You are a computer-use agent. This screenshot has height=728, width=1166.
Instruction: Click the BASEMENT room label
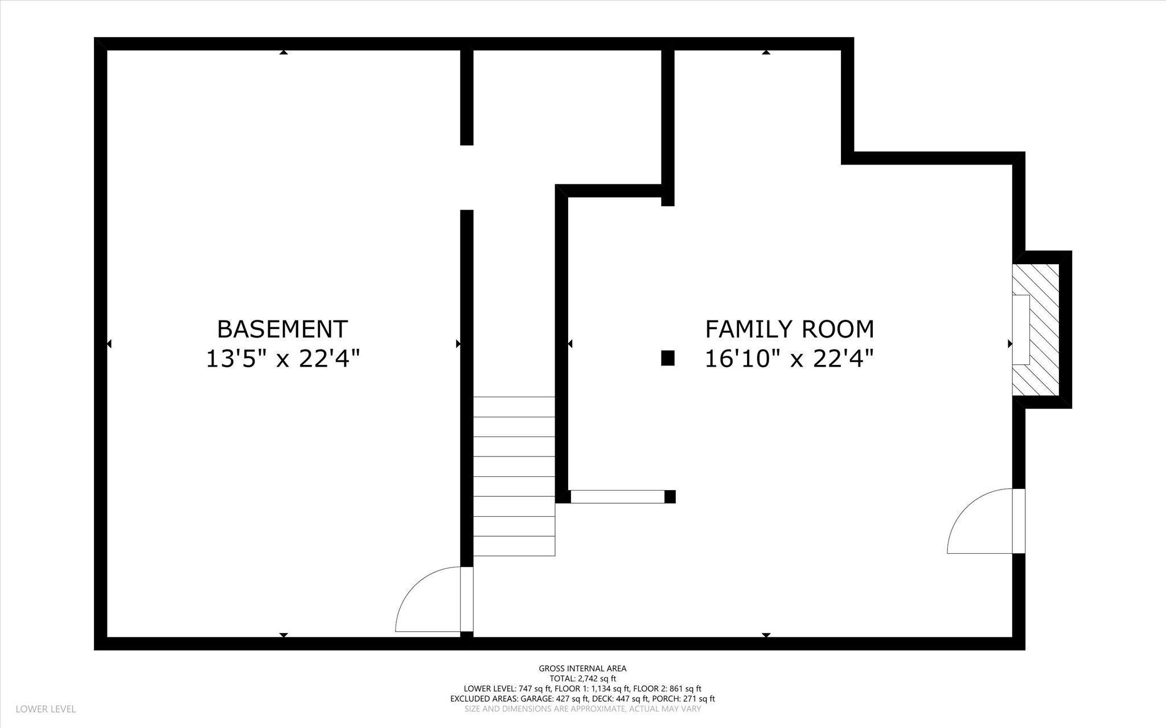282,329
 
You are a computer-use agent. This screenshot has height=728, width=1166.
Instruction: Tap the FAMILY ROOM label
790,329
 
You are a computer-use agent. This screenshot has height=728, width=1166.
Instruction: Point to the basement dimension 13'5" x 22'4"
283,359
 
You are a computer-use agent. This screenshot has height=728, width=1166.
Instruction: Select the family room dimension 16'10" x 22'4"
790,359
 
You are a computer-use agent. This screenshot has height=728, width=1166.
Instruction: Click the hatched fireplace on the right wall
1036,330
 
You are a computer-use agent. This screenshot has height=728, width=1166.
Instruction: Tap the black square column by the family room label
668,358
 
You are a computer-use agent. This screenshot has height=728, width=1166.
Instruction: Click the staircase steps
514,476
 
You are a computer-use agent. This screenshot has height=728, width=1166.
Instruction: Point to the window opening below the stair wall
618,496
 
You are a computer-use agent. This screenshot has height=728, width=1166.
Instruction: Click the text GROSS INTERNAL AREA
582,668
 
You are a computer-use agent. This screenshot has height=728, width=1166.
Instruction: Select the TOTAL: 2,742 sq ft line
582,678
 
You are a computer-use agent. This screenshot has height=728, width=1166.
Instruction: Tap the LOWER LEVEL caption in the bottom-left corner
46,709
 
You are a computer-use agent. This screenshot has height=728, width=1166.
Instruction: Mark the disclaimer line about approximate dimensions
582,709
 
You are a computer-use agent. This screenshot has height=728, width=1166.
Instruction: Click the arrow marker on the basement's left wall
109,344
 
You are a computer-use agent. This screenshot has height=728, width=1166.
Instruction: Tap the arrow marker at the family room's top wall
766,52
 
